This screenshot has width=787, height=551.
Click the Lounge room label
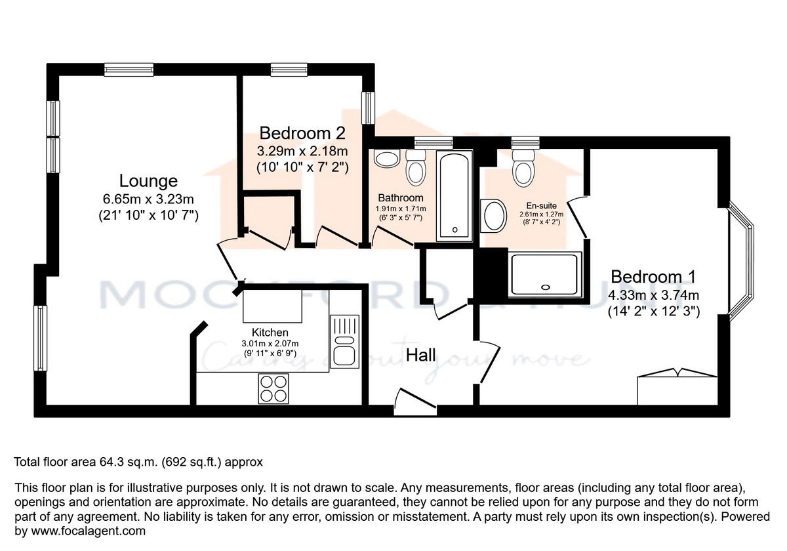click(148, 180)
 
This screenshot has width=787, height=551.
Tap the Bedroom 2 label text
click(302, 133)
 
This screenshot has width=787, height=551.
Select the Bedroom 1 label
click(653, 276)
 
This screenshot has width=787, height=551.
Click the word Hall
click(421, 356)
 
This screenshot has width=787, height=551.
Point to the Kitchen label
click(265, 333)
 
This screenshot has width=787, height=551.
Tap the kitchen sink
click(344, 341)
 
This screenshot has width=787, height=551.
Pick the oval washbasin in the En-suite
click(494, 216)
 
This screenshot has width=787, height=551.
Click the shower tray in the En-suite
click(545, 272)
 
